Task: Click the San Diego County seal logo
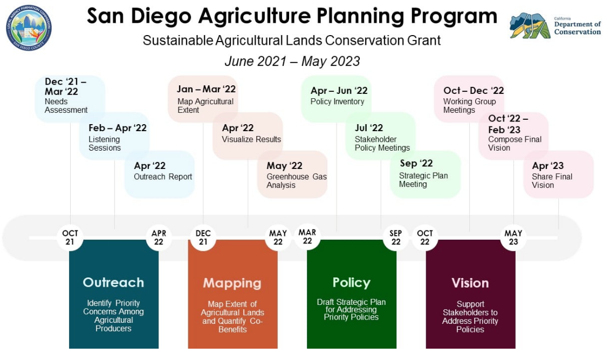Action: coord(29,28)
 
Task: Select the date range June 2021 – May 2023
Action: coord(292,61)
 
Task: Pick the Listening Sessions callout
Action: coord(114,137)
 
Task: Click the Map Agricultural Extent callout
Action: coord(204,98)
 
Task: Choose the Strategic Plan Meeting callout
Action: coord(424,173)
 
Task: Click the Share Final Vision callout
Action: coord(558,174)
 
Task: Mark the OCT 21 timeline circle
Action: coord(70,237)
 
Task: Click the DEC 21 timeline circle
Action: coord(203,237)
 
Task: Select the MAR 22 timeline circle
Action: coord(307,236)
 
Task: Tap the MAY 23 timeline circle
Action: coord(513,237)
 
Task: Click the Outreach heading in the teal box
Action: coord(113,282)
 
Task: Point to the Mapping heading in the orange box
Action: coord(232,283)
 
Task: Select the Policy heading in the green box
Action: coord(351,282)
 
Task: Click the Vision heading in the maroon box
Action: coord(470,283)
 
